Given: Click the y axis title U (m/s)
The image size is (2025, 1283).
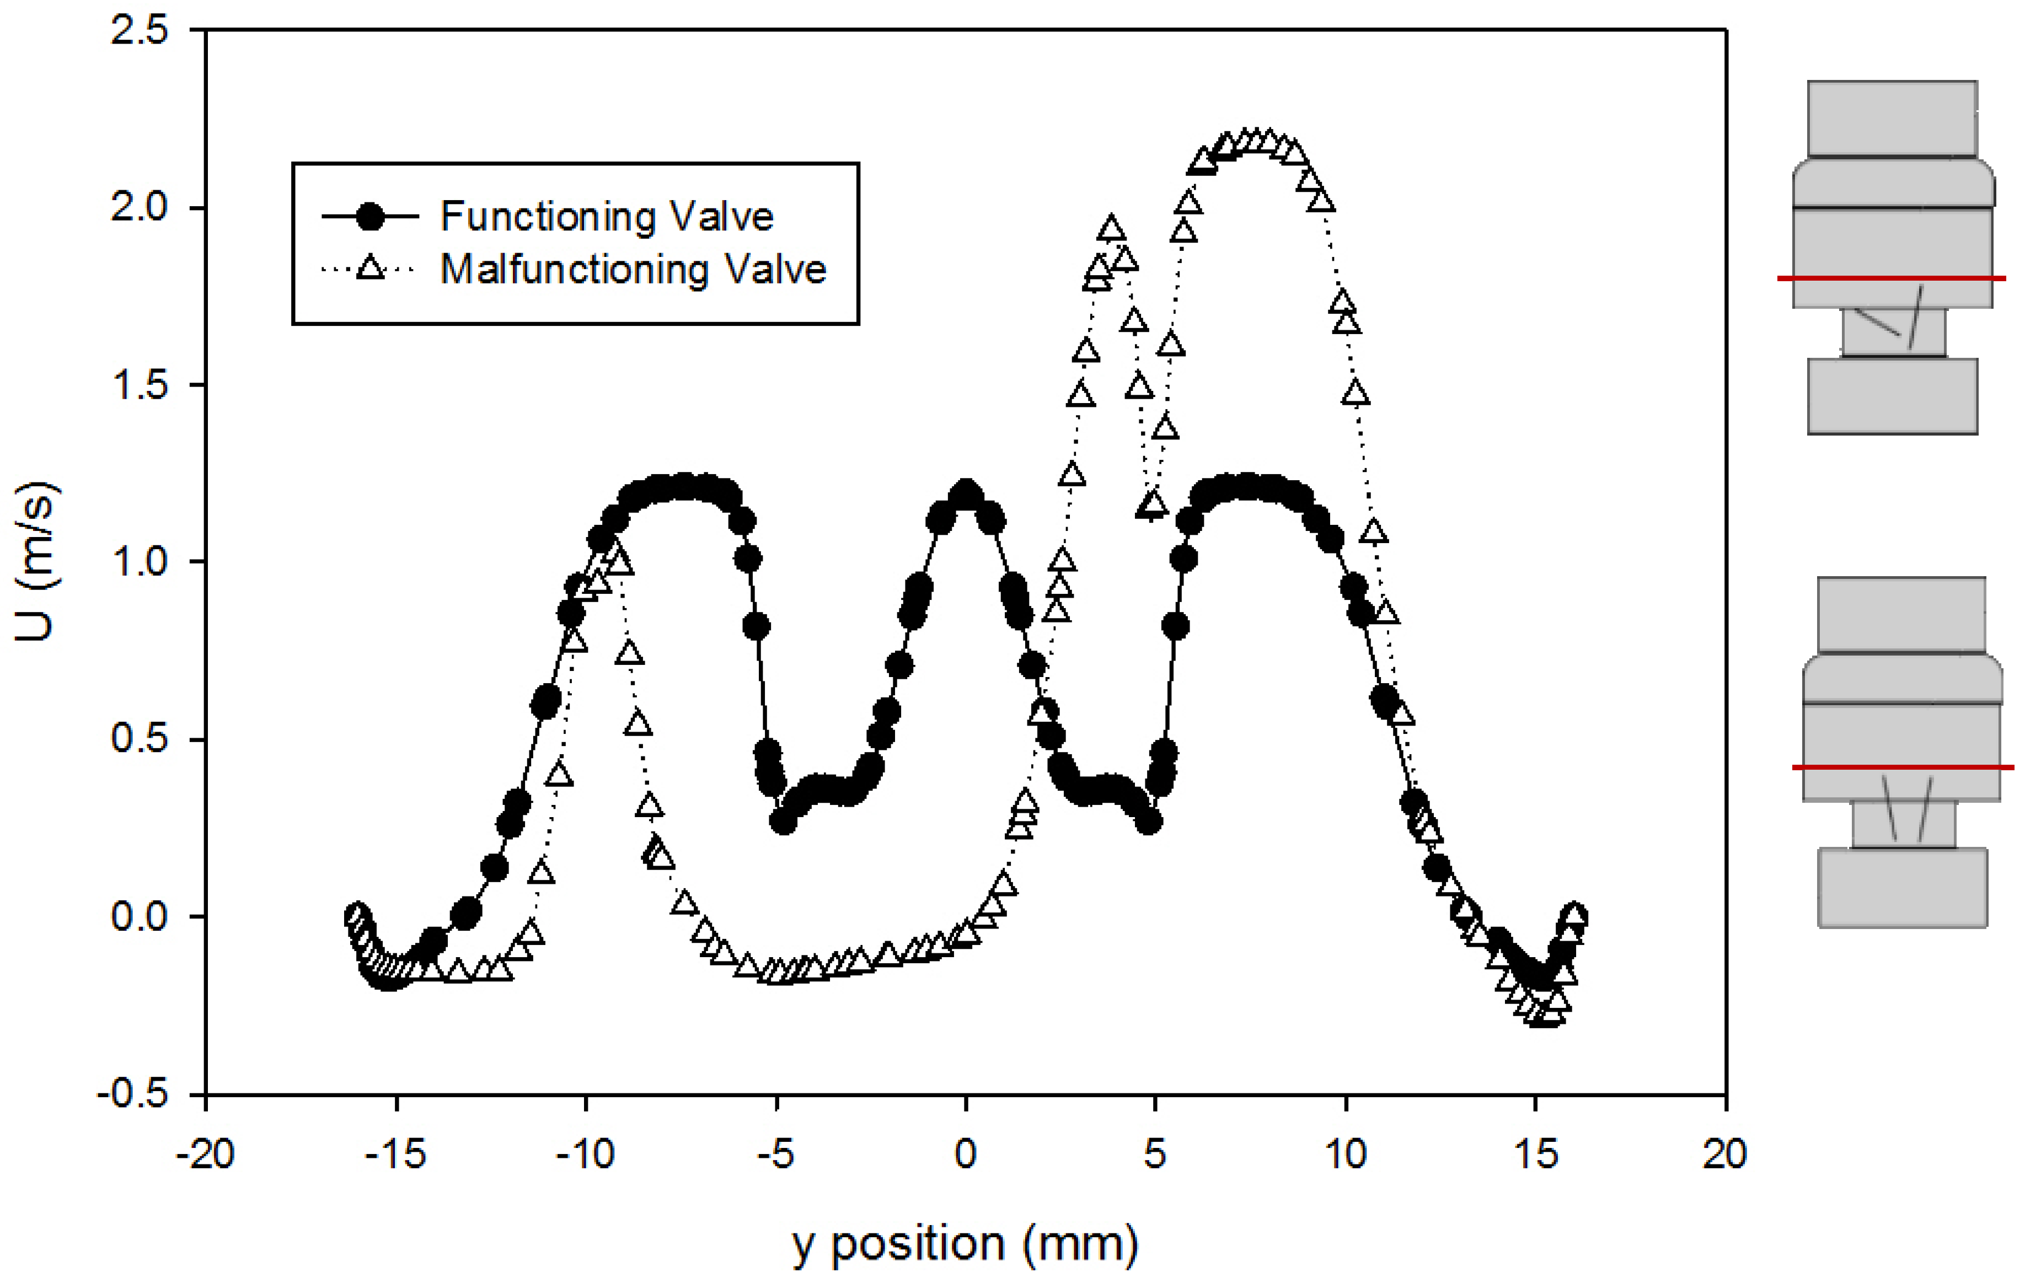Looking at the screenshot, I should click(x=35, y=562).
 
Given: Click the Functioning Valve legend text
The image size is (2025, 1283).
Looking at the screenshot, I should click(x=606, y=217).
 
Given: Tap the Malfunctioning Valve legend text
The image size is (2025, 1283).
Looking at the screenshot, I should click(x=633, y=270).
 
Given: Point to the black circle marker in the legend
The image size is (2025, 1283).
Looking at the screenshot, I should click(x=370, y=217).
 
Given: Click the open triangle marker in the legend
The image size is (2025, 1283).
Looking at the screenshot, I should click(x=370, y=269).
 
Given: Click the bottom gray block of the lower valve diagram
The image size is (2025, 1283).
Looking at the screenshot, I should click(x=1902, y=887).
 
